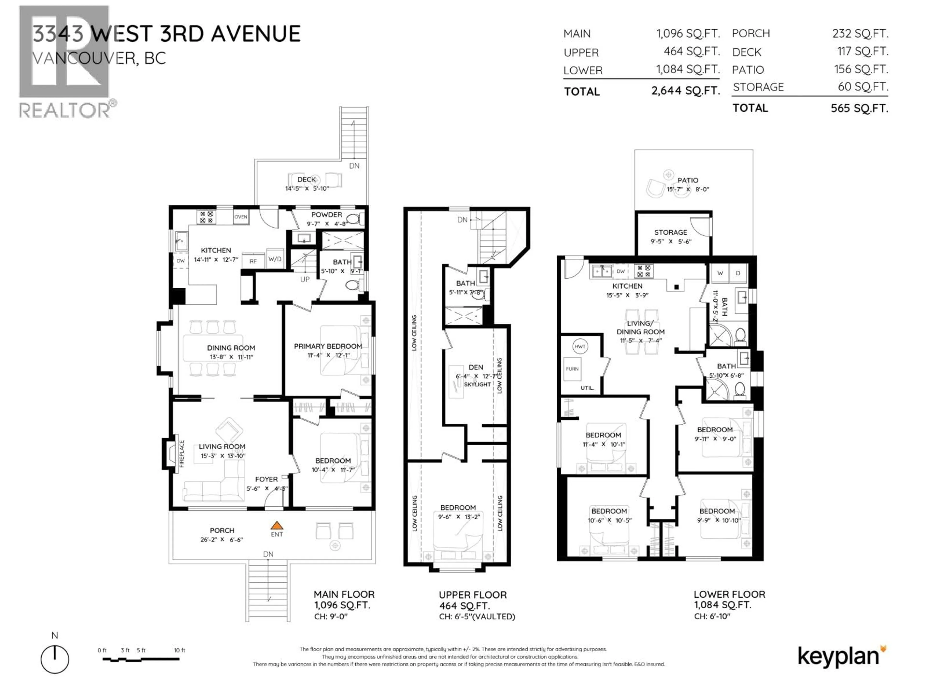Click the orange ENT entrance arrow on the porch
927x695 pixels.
[277, 525]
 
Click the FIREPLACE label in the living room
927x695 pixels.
[182, 454]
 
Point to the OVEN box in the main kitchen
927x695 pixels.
[240, 217]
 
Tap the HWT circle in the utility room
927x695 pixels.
[580, 347]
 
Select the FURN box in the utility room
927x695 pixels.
[572, 369]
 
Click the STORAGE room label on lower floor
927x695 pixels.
[671, 232]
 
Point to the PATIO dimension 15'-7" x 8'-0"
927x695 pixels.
[688, 189]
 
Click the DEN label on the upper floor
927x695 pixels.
[476, 367]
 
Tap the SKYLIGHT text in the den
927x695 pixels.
[477, 384]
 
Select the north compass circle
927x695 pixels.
[55, 659]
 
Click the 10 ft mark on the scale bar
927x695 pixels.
[179, 650]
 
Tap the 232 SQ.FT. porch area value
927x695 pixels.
[860, 34]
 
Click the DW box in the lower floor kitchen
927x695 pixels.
[621, 271]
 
